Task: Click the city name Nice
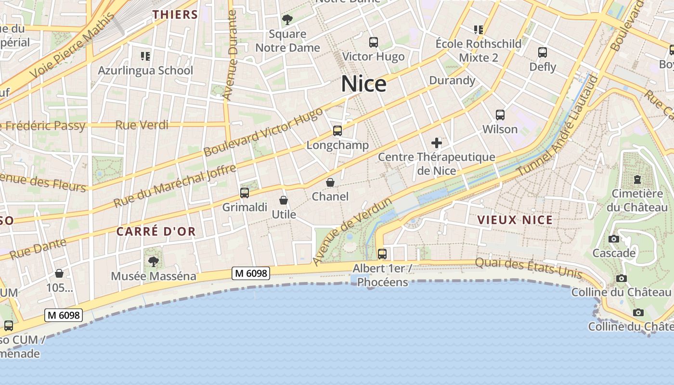[364, 84]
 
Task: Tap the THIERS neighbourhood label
[175, 15]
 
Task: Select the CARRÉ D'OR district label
[156, 231]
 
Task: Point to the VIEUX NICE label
[515, 220]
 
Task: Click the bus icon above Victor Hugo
[374, 42]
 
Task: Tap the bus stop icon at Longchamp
[337, 131]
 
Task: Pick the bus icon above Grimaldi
[245, 193]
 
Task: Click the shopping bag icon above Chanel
[330, 182]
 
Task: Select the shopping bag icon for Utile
[284, 200]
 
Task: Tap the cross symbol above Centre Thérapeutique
[437, 143]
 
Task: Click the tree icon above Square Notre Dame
[287, 20]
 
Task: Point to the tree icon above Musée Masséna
[154, 262]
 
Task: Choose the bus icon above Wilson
[500, 115]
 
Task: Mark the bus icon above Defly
[543, 52]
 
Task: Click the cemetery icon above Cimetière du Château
[637, 180]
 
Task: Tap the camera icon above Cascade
[614, 239]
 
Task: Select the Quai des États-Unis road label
[529, 269]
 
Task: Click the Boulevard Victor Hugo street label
[263, 132]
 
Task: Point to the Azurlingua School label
[145, 71]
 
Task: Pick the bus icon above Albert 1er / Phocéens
[382, 254]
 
